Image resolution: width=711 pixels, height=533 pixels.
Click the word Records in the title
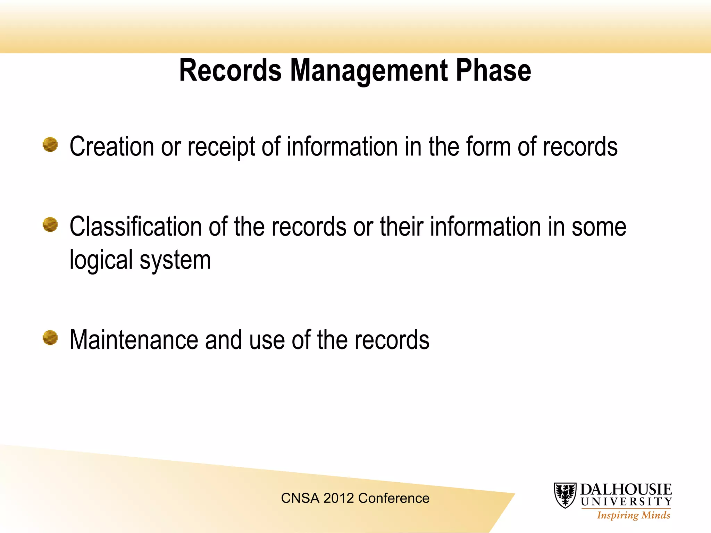pos(230,70)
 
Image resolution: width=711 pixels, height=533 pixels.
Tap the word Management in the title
pos(369,71)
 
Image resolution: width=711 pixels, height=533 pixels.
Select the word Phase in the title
pos(493,70)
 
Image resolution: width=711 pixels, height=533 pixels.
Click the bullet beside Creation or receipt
pos(50,145)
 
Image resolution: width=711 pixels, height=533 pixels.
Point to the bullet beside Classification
pos(50,225)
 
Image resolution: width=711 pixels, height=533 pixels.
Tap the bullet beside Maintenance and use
pos(50,338)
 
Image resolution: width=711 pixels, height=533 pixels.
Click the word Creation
pos(111,147)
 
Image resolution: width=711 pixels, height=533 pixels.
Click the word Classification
pos(136,227)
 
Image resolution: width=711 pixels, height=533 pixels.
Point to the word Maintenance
pos(134,340)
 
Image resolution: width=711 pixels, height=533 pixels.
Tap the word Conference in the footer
pos(394,498)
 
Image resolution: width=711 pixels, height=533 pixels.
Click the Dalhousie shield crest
pos(565,495)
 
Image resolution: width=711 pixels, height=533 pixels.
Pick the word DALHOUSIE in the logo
pos(626,490)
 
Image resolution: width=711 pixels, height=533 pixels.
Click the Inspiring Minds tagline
pos(634,515)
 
